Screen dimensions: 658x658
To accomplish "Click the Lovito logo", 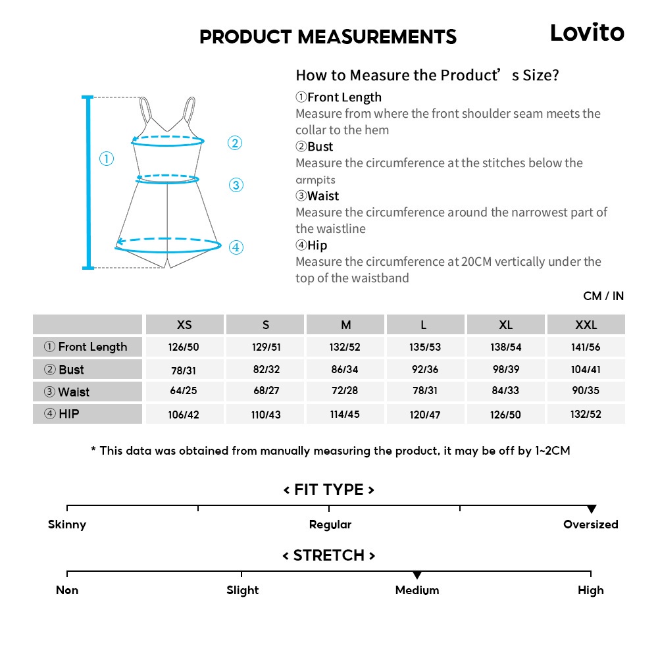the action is tap(587, 32).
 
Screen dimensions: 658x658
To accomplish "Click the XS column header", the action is tap(184, 325).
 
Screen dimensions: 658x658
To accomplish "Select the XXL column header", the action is tap(586, 325).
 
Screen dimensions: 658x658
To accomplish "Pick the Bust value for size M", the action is tap(345, 369).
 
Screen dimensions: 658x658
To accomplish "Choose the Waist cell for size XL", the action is tap(505, 391).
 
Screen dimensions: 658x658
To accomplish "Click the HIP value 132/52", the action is tap(586, 414).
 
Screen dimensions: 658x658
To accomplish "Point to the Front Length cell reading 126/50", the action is tap(184, 347).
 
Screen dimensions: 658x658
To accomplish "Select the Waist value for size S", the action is tap(266, 391).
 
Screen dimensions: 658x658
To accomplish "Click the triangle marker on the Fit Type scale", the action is tap(592, 509).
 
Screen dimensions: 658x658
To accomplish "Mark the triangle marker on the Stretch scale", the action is tap(417, 575).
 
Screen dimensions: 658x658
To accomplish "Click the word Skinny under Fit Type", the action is tap(67, 524).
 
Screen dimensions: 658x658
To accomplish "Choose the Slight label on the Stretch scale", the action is tap(242, 590).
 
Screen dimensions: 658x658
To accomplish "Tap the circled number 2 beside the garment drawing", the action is tap(235, 143).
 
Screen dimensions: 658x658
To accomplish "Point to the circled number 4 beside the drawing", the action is tap(236, 247).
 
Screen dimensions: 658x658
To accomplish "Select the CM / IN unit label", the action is tap(603, 296).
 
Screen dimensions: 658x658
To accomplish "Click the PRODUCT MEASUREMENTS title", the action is tap(328, 37).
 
